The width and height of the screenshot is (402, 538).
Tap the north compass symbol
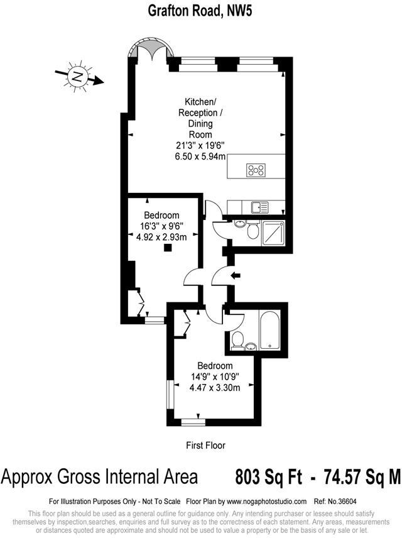[x=78, y=77]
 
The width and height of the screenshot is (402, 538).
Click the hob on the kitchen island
[x=256, y=170]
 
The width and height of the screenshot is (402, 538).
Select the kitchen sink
[x=258, y=206]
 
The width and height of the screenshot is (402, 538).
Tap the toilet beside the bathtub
[x=237, y=340]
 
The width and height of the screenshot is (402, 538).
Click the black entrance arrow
[x=236, y=275]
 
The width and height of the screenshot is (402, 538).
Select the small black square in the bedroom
[x=167, y=248]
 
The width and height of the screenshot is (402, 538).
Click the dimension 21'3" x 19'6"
[x=200, y=146]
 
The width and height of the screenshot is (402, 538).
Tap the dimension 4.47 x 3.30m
[x=215, y=388]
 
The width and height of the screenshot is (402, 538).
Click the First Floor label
[x=205, y=445]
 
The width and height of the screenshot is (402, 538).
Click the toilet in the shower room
[x=253, y=231]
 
